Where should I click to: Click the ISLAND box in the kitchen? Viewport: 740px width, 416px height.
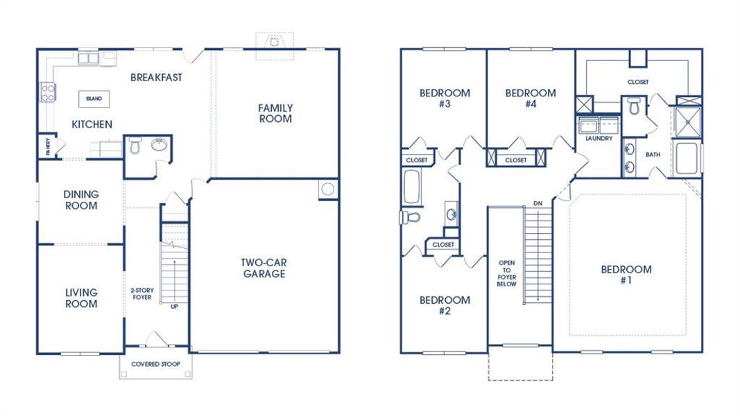click(x=94, y=99)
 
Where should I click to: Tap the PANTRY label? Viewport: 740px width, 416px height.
click(x=48, y=146)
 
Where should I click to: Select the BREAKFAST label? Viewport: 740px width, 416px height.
click(x=156, y=78)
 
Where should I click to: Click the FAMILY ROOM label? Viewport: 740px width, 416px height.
click(x=275, y=113)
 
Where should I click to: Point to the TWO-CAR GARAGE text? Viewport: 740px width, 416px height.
click(x=264, y=268)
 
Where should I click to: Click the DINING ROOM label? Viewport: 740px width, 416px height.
click(x=80, y=200)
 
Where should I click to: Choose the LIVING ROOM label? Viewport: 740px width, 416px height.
click(x=80, y=298)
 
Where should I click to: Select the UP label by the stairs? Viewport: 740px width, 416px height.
click(x=174, y=306)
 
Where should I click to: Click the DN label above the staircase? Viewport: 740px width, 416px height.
click(x=537, y=203)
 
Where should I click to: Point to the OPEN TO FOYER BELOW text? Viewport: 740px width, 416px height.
click(x=506, y=273)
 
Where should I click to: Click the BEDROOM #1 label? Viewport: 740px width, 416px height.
click(x=626, y=275)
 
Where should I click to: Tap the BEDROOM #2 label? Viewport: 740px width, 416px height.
click(x=445, y=305)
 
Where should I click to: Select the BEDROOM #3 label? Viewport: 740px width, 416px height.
click(x=445, y=98)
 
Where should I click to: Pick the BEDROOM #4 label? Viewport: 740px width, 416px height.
click(x=531, y=98)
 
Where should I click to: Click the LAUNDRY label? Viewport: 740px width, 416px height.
click(x=599, y=139)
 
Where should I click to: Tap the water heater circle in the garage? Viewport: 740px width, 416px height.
click(x=328, y=189)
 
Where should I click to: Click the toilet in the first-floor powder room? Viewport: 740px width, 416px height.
click(x=135, y=146)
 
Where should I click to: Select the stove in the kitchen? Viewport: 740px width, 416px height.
click(x=48, y=92)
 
